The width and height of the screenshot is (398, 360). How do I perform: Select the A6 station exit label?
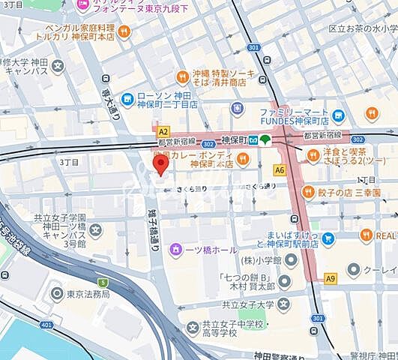[x=280, y=170]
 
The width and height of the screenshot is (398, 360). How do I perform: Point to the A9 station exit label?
[x=331, y=278]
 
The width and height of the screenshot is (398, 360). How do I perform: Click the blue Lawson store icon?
[x=128, y=97]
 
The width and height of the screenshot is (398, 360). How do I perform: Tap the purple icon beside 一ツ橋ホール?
[x=175, y=249]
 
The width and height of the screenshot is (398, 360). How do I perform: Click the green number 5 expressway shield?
[x=103, y=283]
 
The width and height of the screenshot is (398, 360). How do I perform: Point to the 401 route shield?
[x=46, y=325]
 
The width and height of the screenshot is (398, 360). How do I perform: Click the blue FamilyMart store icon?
[x=339, y=116]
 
